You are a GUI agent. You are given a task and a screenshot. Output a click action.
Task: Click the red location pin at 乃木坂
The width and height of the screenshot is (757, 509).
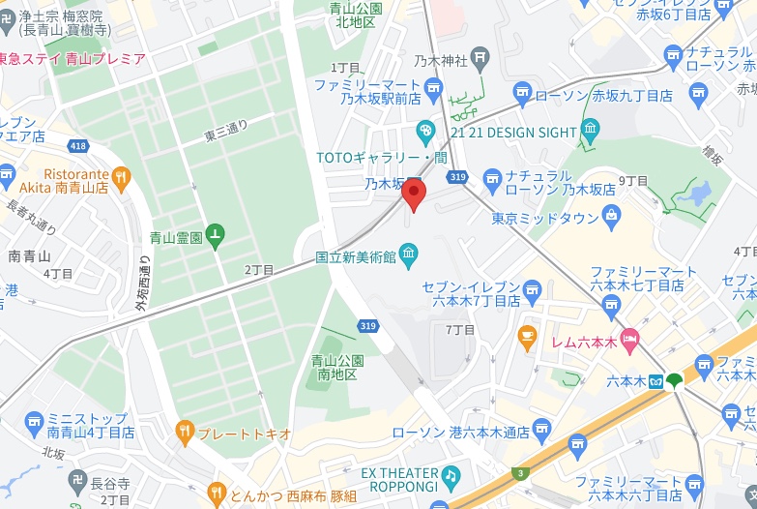point(414,194)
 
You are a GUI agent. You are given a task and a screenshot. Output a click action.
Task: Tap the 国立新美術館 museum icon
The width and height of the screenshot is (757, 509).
point(409,256)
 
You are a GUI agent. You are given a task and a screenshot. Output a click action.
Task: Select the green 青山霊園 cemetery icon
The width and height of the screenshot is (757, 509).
point(215,235)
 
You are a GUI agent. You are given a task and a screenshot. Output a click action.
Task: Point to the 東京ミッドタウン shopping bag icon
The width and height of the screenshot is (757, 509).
point(611,218)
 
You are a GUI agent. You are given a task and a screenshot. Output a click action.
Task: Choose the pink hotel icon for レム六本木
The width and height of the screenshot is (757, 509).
point(629,340)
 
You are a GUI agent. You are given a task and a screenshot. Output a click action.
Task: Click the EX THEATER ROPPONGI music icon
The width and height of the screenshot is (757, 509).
point(451,475)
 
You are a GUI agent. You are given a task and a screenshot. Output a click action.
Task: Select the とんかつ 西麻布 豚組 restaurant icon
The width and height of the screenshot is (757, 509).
point(218,493)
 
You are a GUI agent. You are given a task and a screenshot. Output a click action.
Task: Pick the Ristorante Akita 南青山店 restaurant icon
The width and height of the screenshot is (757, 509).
point(121,176)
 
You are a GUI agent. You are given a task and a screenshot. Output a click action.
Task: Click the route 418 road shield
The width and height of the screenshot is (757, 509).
point(78,145)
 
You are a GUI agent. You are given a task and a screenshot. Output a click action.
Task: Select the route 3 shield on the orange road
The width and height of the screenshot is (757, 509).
point(521,472)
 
